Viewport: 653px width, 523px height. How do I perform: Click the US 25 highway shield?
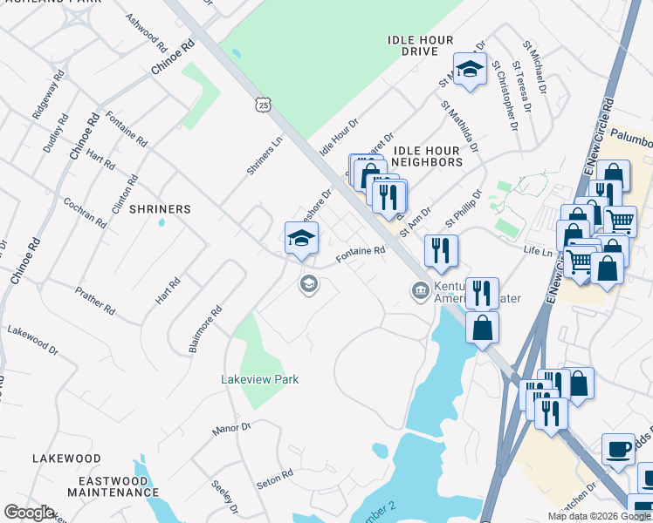tap(264, 105)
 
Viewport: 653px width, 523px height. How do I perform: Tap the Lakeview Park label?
tap(260, 379)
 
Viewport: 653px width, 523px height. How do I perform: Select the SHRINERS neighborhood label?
tap(160, 209)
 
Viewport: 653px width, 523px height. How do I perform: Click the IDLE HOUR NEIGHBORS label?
tap(428, 156)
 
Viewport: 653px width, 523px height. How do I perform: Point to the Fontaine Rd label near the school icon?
tap(361, 254)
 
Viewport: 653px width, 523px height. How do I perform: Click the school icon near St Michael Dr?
tap(470, 71)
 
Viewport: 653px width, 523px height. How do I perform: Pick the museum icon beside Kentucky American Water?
tap(419, 289)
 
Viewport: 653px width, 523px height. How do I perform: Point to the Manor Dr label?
tap(232, 428)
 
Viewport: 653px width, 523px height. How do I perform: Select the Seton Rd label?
tap(274, 479)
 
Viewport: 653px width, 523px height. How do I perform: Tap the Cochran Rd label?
tap(85, 212)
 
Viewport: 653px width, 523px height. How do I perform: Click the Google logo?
tap(28, 513)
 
